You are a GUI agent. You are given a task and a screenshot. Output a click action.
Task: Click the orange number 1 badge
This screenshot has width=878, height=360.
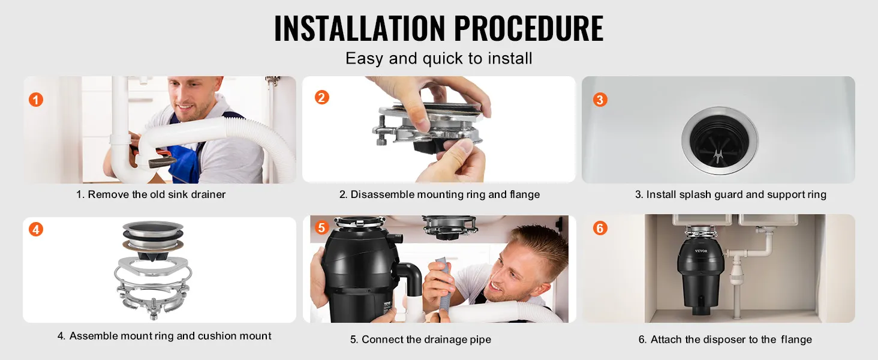tap(35, 100)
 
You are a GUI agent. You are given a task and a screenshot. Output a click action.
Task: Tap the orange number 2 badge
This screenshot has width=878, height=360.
tap(322, 97)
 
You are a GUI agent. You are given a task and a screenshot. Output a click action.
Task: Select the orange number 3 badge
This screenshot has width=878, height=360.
tap(600, 100)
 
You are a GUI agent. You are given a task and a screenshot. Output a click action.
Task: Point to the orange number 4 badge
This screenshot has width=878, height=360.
tap(35, 229)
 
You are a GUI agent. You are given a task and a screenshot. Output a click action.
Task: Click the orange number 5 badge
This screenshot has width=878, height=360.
tap(321, 227)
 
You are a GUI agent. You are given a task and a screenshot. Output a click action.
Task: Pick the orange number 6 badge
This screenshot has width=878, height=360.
tap(600, 228)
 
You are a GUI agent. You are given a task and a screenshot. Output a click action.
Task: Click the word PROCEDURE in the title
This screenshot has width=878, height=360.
tap(529, 28)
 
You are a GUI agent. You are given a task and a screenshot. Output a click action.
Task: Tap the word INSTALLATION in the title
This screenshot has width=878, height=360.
tap(359, 28)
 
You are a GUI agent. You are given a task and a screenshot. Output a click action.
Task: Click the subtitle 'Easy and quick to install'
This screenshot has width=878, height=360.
tap(439, 58)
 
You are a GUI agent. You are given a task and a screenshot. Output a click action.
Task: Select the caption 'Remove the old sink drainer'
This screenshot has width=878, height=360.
tap(157, 194)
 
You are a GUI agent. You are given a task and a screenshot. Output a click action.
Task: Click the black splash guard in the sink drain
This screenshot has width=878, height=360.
tap(719, 141)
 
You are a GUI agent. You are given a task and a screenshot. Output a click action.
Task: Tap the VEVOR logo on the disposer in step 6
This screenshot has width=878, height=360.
tap(701, 251)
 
